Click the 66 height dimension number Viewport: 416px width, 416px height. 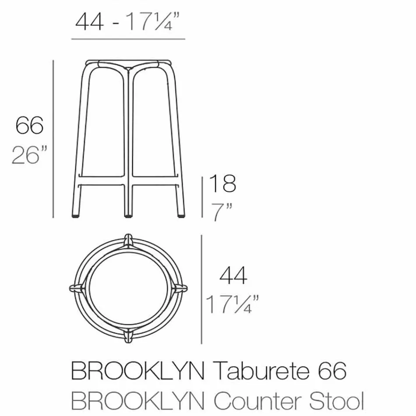(x=30, y=125)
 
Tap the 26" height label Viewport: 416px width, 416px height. (x=29, y=155)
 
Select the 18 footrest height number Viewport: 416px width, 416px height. (x=222, y=183)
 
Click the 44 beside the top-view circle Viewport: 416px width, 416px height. (x=233, y=275)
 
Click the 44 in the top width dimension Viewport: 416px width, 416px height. (x=90, y=21)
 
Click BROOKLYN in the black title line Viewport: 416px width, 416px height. (x=137, y=372)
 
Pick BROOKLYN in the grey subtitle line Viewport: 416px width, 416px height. (x=137, y=401)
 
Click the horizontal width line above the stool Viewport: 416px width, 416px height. (x=128, y=39)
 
